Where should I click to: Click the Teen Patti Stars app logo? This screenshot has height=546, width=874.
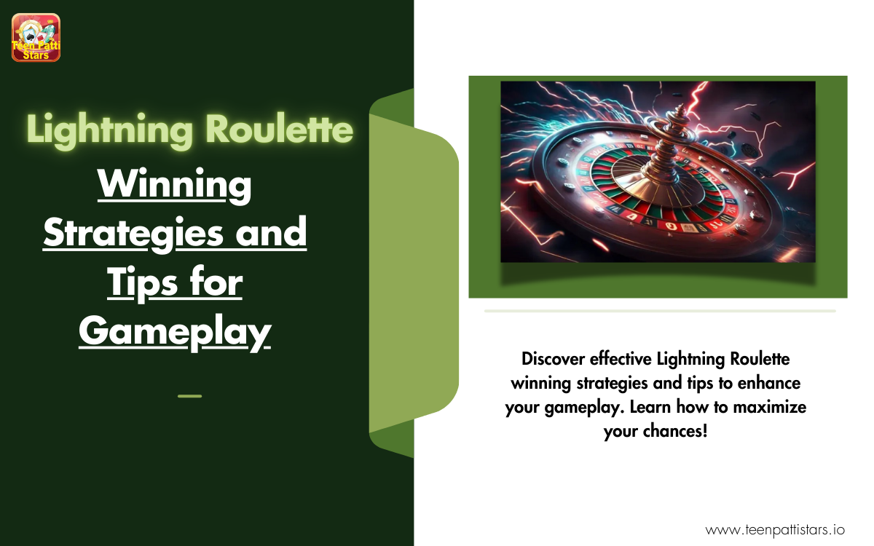coord(36,37)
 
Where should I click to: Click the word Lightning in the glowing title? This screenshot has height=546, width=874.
coord(110,130)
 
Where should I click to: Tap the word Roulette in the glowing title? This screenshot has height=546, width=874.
coord(279,129)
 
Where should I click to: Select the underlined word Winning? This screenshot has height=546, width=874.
coord(174,186)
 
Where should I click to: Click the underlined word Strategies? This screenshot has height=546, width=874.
coord(133,234)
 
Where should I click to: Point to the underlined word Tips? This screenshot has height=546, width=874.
coord(143,283)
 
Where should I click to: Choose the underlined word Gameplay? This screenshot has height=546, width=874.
coord(175,332)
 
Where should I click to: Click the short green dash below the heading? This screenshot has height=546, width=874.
coord(189,396)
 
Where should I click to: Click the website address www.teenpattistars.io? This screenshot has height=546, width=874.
coord(774,530)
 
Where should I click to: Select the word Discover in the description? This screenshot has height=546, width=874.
coord(553,359)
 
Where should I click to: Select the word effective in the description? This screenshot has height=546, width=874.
coord(621,359)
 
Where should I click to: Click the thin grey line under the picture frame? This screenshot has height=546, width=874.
coord(660,311)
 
